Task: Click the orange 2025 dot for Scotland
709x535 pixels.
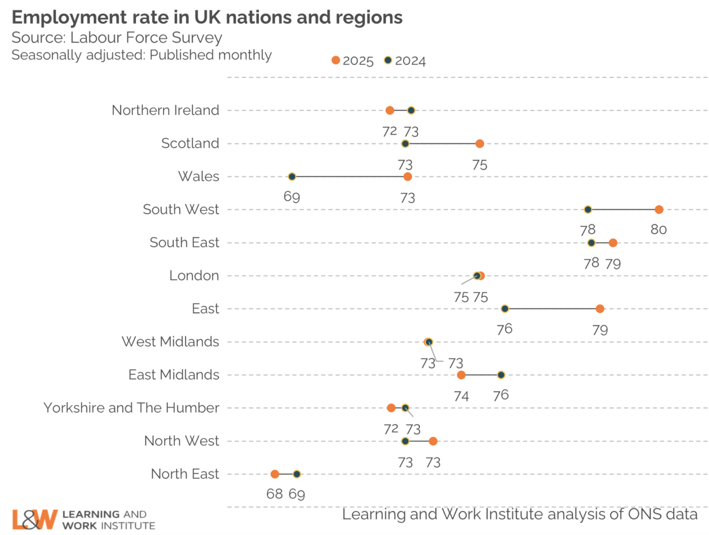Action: click(480, 143)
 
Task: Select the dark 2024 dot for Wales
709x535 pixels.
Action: click(292, 177)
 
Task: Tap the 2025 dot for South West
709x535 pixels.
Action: click(659, 210)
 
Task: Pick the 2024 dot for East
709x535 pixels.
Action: click(505, 309)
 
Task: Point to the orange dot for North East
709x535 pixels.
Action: click(275, 474)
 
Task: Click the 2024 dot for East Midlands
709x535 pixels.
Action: click(501, 375)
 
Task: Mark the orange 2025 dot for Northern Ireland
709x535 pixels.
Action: click(390, 110)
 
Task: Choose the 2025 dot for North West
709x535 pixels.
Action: click(433, 441)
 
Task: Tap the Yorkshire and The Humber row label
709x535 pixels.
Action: click(131, 407)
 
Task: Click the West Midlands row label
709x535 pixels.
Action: click(170, 341)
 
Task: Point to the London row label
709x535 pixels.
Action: click(194, 275)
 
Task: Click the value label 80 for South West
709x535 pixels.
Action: click(659, 230)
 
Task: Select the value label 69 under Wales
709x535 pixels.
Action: click(292, 197)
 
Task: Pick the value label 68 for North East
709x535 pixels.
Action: click(275, 494)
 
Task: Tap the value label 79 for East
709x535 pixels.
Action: click(600, 329)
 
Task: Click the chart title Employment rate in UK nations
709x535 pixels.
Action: click(207, 18)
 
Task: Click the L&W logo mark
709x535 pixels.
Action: click(35, 519)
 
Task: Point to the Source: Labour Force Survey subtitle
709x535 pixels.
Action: click(117, 38)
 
